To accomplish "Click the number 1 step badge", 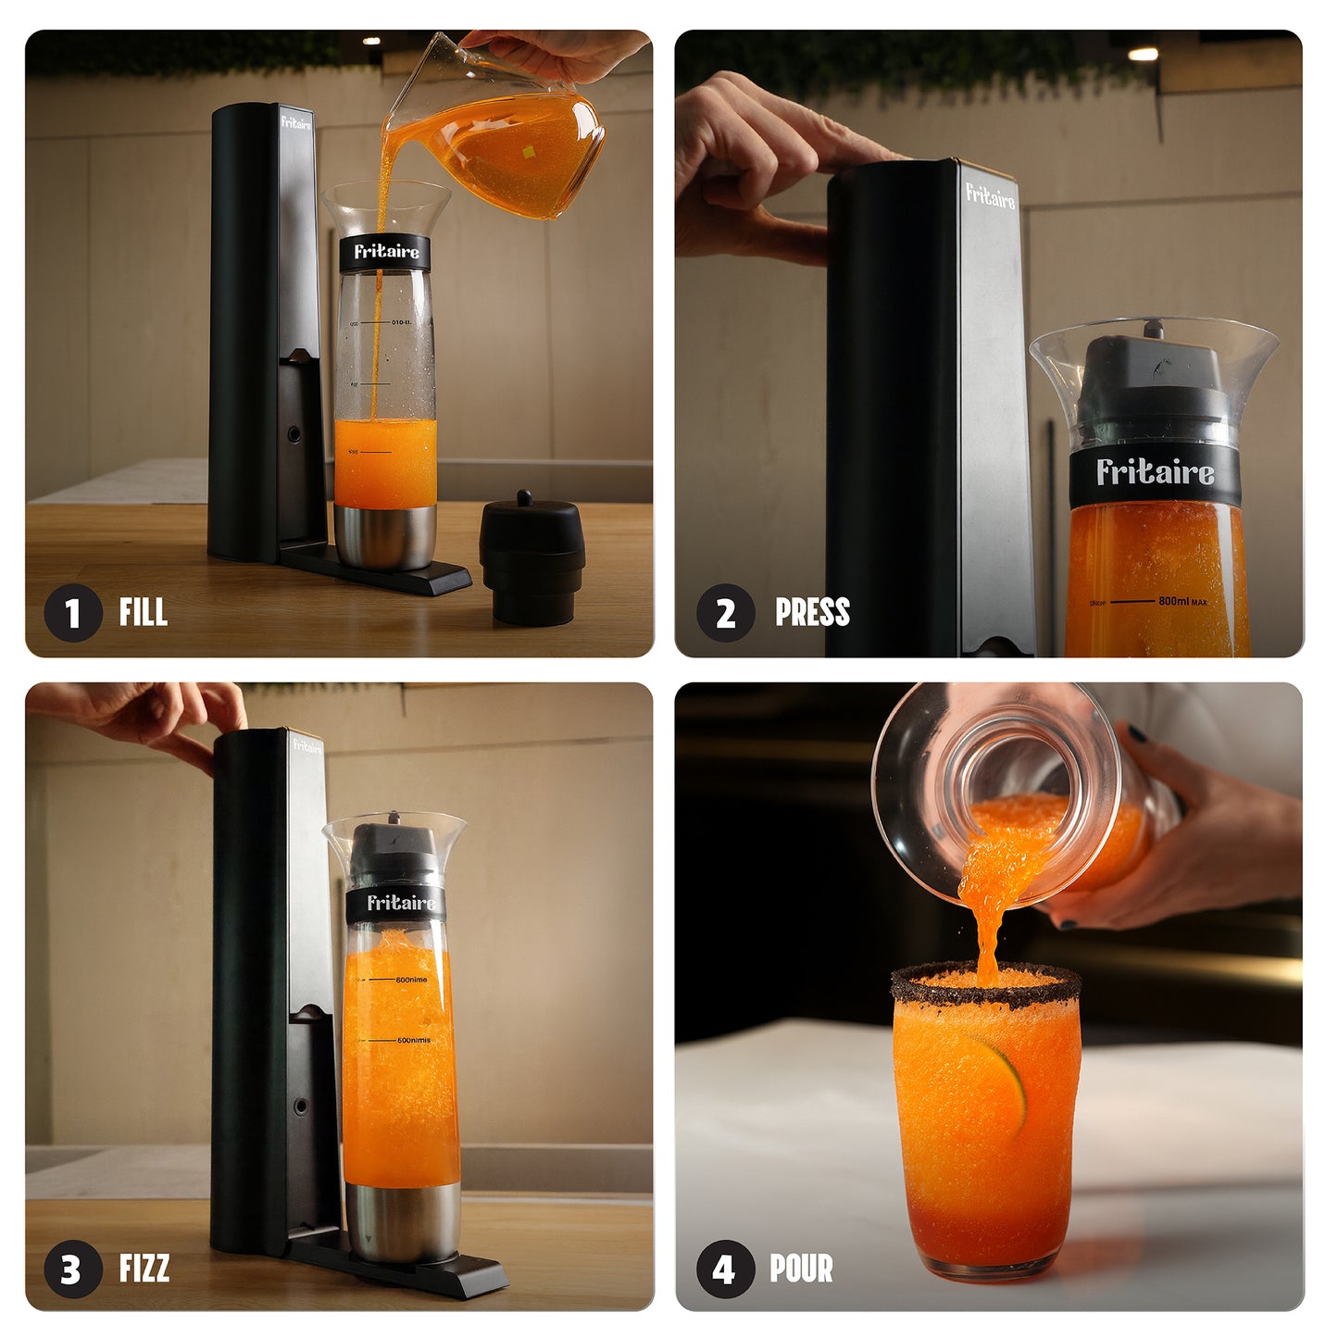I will pyautogui.click(x=72, y=613).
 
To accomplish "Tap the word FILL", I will pyautogui.click(x=144, y=612).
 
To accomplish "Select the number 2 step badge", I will pyautogui.click(x=725, y=613).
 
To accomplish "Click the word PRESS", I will pyautogui.click(x=812, y=612).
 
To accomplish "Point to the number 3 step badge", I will pyautogui.click(x=72, y=1269).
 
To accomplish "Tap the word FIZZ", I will pyautogui.click(x=144, y=1268).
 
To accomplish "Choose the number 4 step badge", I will pyautogui.click(x=725, y=1269).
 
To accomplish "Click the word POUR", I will pyautogui.click(x=801, y=1268).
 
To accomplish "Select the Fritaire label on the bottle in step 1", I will pyautogui.click(x=385, y=252).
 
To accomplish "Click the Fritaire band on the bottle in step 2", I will pyautogui.click(x=1155, y=473).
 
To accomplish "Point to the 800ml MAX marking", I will pyautogui.click(x=1182, y=601).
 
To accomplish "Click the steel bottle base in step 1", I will pyautogui.click(x=384, y=536).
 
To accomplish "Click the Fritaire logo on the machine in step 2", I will pyautogui.click(x=990, y=195).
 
